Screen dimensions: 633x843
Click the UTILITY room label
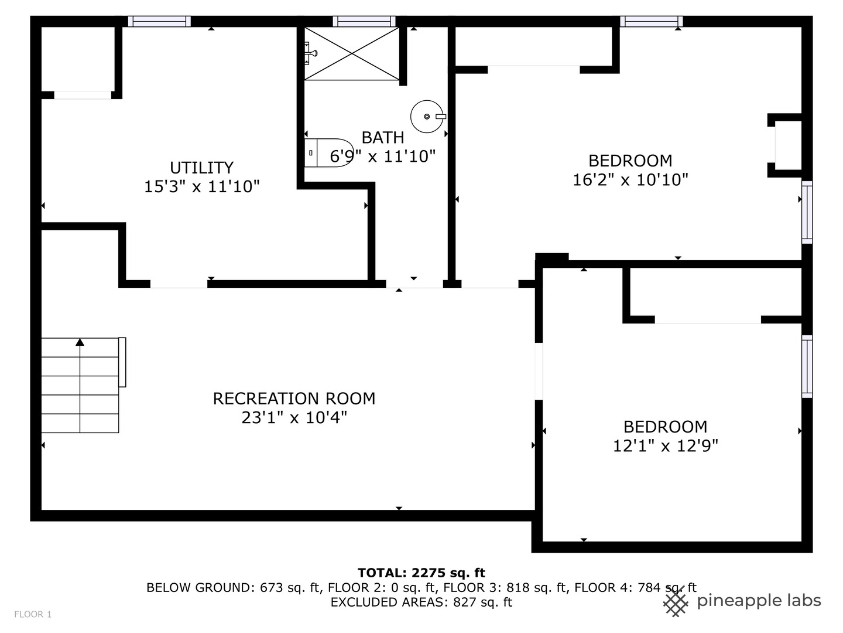[x=201, y=168]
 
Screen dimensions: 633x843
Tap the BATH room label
[x=383, y=138]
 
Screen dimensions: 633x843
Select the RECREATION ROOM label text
[x=294, y=399]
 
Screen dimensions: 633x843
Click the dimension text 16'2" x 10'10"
[x=630, y=180]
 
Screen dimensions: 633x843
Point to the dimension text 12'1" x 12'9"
[x=665, y=446]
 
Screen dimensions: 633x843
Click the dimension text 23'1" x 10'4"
[x=294, y=418]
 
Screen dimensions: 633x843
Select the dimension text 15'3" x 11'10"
[x=201, y=187]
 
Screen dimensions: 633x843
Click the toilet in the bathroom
[x=330, y=153]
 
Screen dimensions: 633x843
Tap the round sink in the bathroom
[x=427, y=117]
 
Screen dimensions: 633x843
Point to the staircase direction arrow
[x=80, y=342]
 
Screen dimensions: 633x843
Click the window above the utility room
[x=159, y=22]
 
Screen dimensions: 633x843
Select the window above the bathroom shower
[x=364, y=22]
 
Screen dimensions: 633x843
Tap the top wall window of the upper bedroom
[x=651, y=22]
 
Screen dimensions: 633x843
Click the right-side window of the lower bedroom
[x=807, y=366]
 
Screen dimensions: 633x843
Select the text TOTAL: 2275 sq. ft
[x=421, y=573]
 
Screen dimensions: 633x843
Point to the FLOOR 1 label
[x=33, y=614]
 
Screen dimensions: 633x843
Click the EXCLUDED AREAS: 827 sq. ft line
[x=421, y=603]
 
